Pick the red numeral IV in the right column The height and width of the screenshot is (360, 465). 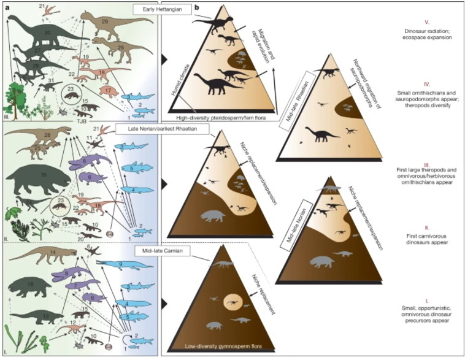pyautogui.click(x=427, y=80)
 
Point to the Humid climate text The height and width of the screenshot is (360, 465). pyautogui.click(x=184, y=91)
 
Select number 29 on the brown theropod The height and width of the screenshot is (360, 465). pyautogui.click(x=104, y=21)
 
